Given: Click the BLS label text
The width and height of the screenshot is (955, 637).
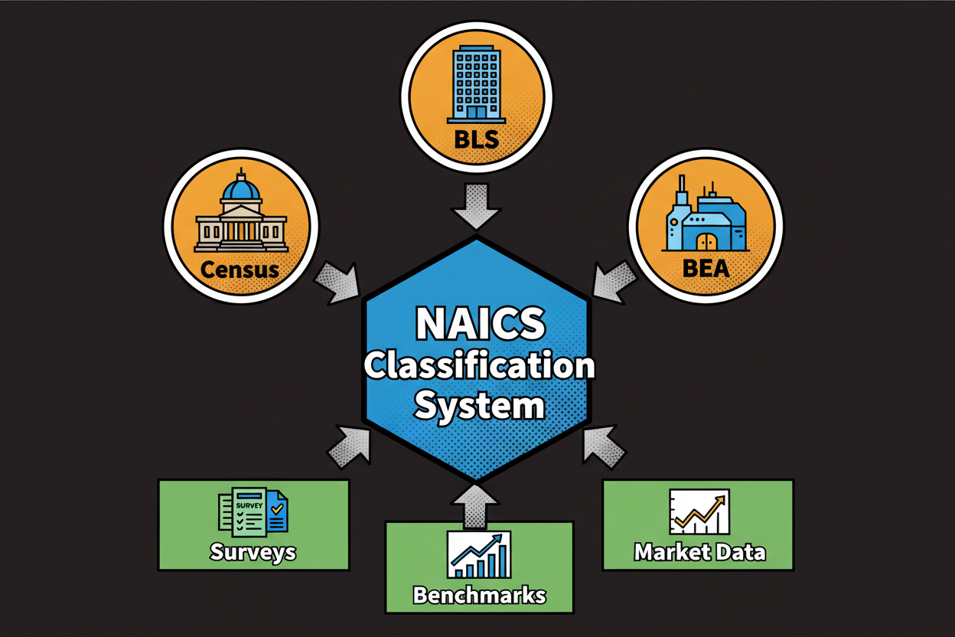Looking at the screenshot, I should pos(476,139).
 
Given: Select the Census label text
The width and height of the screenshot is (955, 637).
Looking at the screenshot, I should pos(241,269).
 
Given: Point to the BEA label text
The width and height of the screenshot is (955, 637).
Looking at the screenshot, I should pos(706,267).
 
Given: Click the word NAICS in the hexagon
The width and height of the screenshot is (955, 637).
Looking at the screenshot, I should pos(480,325).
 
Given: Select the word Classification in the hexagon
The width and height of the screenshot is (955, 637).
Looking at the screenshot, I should pos(479,366).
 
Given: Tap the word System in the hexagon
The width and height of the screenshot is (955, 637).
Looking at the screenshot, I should pos(479,406).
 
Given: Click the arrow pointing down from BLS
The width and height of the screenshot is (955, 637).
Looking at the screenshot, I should pos(476,205).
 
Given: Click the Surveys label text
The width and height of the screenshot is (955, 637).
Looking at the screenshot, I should pos(253,552).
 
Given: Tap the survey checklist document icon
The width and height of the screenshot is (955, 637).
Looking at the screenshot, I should pos(253,511).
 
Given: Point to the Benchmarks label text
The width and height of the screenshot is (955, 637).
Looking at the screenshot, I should pos(479,595).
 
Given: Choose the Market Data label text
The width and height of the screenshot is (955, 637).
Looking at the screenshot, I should pos(699,551).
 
